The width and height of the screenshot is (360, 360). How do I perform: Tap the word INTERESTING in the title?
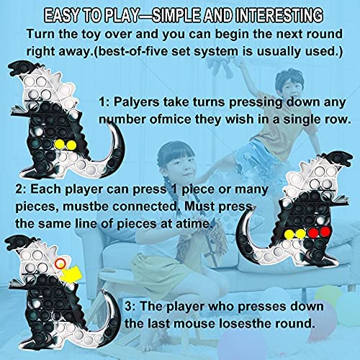click(x=279, y=15)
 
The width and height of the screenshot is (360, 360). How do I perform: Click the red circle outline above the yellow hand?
click(x=60, y=264)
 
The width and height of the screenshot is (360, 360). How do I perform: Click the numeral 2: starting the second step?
click(x=21, y=189)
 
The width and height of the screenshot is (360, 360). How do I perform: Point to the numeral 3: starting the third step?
click(x=130, y=307)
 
